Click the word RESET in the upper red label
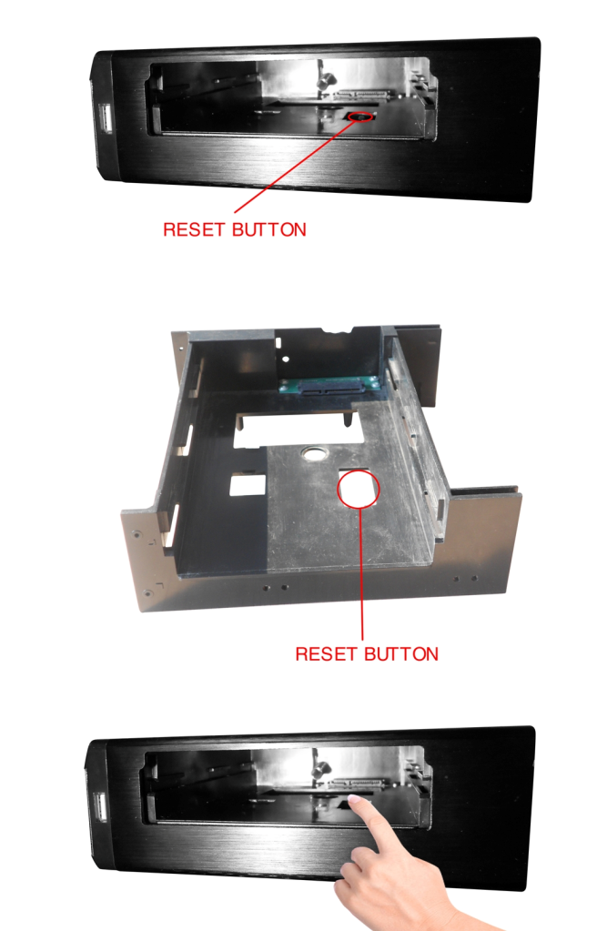pyautogui.click(x=194, y=229)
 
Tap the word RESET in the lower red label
pyautogui.click(x=326, y=654)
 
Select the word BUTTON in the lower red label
pyautogui.click(x=401, y=654)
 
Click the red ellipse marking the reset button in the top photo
pyautogui.click(x=361, y=111)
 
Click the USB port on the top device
pyautogui.click(x=106, y=117)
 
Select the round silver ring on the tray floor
pyautogui.click(x=315, y=454)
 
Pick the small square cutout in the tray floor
pyautogui.click(x=248, y=484)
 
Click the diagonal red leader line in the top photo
pyautogui.click(x=296, y=165)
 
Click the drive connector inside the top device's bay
pyautogui.click(x=362, y=94)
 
